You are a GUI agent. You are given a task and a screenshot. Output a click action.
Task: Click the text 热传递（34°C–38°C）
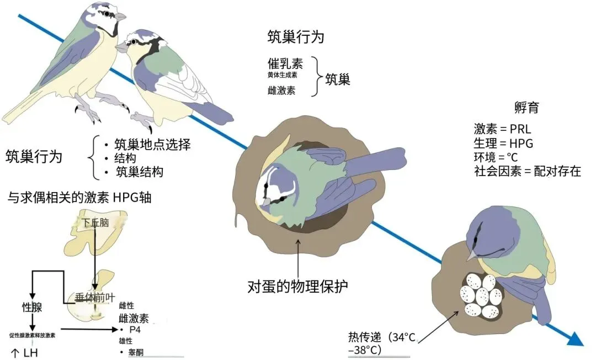pos(381,342)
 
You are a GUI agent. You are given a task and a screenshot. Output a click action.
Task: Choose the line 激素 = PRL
pos(502,130)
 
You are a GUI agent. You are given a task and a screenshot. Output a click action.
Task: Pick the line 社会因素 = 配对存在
pos(528,171)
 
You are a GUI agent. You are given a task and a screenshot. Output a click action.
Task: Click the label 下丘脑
pos(96,223)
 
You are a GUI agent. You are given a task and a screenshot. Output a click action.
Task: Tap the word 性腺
pos(32,307)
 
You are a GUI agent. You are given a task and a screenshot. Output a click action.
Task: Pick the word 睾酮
pos(135,352)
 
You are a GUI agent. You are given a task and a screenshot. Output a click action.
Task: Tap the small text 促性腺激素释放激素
pos(32,335)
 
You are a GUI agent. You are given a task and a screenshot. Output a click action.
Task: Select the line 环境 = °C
pos(496,157)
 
